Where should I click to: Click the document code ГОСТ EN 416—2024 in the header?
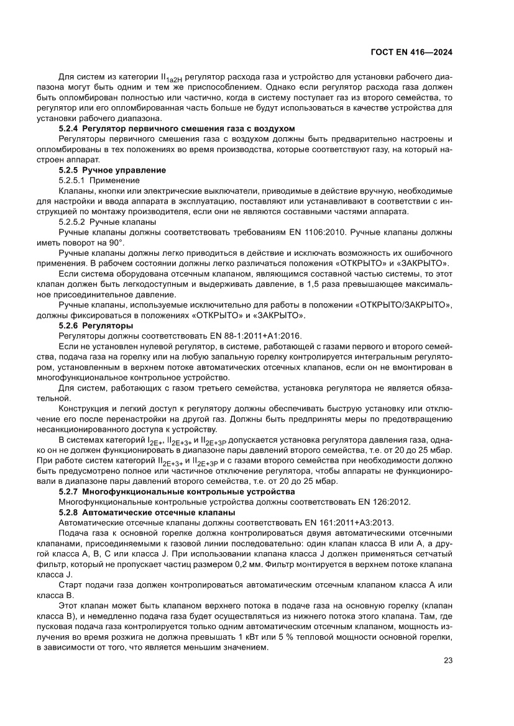[411, 52]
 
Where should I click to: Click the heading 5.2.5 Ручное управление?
[112, 170]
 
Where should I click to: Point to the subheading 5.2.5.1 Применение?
[99, 179]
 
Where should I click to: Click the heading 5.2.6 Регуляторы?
[95, 325]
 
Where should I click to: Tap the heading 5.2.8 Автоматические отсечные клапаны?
[147, 512]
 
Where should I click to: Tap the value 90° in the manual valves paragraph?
[116, 242]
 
